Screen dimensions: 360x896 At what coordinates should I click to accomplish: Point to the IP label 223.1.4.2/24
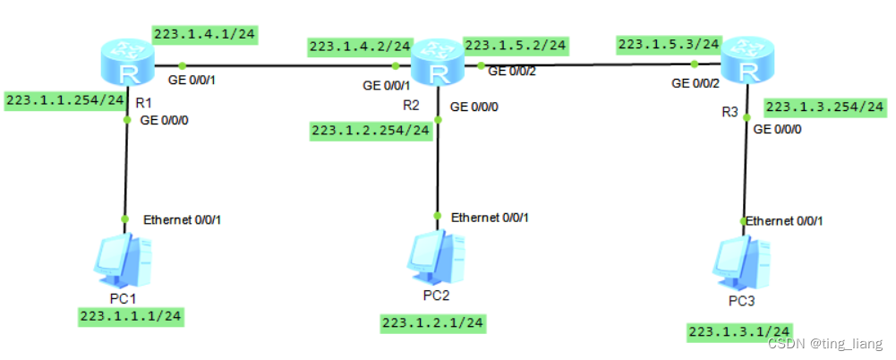pos(359,45)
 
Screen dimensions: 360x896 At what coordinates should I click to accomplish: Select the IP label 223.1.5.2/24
pos(515,44)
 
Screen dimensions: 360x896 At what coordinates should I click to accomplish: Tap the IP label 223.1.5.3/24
pos(669,43)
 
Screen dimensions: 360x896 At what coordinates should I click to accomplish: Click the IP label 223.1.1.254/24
pos(64,100)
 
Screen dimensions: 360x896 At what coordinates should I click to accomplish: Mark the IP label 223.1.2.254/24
pos(371,132)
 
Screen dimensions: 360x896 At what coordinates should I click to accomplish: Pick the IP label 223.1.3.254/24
pos(824,107)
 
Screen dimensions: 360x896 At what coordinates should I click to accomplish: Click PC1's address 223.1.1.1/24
pos(132,315)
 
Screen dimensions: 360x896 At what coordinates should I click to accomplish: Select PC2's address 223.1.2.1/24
pos(432,322)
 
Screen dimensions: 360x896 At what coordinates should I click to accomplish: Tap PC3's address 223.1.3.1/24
pos(739,332)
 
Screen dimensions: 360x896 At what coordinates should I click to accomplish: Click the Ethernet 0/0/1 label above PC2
pos(490,217)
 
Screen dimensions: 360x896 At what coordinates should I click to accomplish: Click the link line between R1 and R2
pos(286,65)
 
